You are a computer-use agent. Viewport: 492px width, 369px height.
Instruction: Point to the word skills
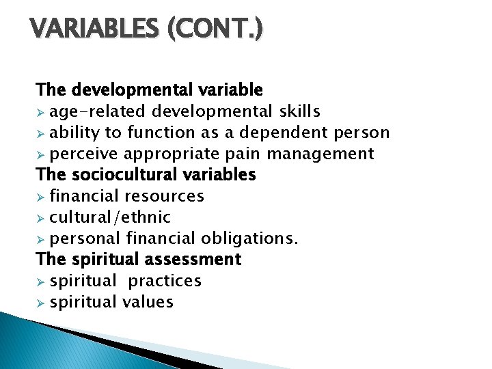click(299, 111)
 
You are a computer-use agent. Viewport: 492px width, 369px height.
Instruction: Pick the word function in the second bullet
click(168, 133)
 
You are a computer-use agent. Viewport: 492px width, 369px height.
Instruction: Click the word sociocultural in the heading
click(119, 175)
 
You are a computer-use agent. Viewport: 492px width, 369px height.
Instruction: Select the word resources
click(164, 196)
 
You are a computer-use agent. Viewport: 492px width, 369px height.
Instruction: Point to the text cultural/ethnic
click(110, 217)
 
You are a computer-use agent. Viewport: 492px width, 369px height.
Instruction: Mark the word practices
click(165, 281)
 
